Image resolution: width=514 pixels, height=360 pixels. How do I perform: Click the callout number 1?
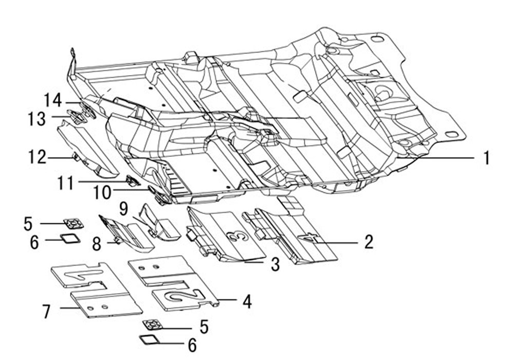tap(487, 158)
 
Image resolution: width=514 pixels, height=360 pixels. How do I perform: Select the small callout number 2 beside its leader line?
tap(369, 242)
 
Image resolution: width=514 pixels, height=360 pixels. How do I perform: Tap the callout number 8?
tap(97, 244)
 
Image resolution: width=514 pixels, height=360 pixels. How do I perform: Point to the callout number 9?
tap(123, 209)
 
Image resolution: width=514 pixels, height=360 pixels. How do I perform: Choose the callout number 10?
tap(102, 192)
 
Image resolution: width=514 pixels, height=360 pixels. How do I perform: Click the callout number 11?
tap(66, 183)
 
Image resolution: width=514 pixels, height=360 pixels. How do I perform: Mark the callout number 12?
tap(37, 157)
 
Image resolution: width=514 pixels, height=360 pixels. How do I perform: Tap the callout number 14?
tap(53, 100)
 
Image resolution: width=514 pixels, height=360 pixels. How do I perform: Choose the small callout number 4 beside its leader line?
tap(247, 301)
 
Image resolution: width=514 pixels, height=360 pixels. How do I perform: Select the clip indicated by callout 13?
tap(76, 116)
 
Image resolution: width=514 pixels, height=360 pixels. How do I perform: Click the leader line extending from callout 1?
tap(436, 158)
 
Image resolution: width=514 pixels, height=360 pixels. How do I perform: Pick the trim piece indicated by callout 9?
tap(159, 223)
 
